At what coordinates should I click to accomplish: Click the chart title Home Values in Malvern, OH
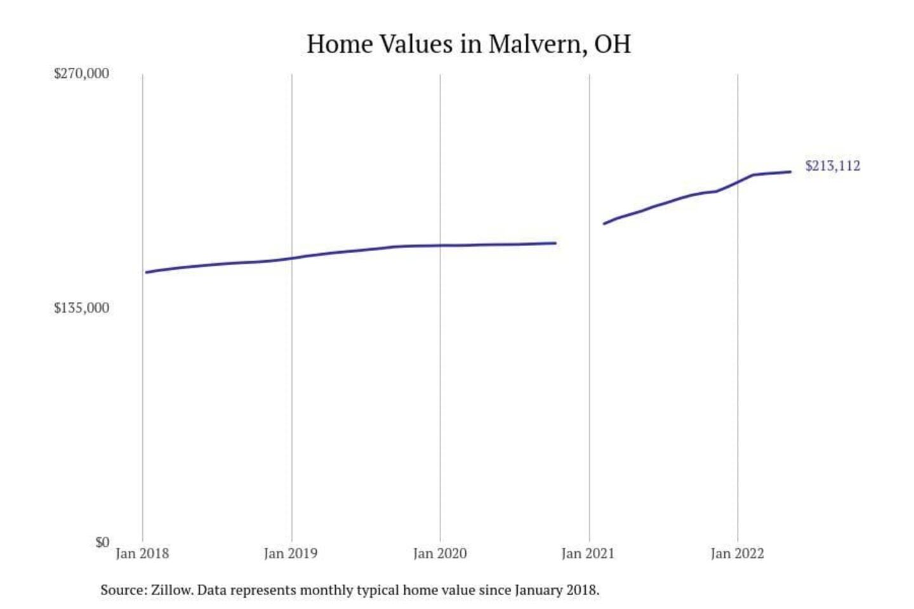click(x=468, y=44)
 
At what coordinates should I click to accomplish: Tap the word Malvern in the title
click(x=537, y=44)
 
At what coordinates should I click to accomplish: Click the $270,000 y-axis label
click(x=81, y=74)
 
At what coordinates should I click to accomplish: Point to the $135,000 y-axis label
click(x=81, y=308)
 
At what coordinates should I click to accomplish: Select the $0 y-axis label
click(x=102, y=542)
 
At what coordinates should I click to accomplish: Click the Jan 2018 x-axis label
click(x=142, y=554)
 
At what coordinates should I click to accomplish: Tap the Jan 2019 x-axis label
click(x=291, y=554)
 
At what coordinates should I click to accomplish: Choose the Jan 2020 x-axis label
click(x=440, y=554)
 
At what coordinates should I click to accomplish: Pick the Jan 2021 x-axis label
click(x=588, y=554)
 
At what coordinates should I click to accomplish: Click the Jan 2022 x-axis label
click(x=737, y=554)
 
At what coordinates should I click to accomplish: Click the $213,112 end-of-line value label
click(x=833, y=166)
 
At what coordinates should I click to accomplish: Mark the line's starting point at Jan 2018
click(x=147, y=273)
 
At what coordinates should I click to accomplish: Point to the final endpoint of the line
click(x=790, y=172)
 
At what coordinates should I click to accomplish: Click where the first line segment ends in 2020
click(x=555, y=243)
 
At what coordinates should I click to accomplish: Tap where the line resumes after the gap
click(x=604, y=223)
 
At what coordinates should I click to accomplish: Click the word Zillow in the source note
click(x=171, y=591)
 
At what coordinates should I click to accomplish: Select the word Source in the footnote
click(x=123, y=591)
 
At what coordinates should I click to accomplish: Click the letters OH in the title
click(x=613, y=44)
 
